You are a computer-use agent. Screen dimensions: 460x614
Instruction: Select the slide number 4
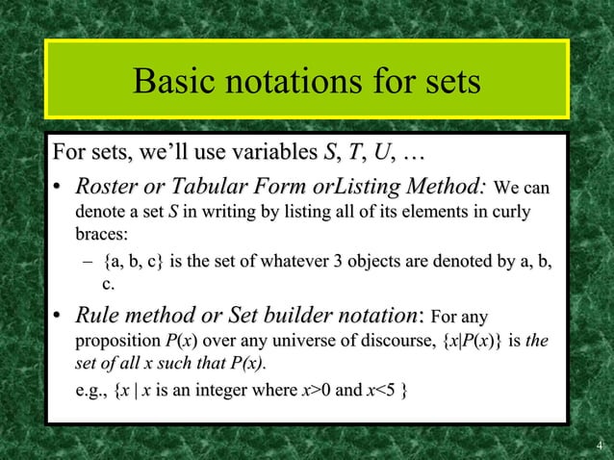(599, 446)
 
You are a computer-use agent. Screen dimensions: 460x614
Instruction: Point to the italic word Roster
(109, 185)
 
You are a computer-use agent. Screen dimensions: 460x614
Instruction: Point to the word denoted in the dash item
(454, 260)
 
